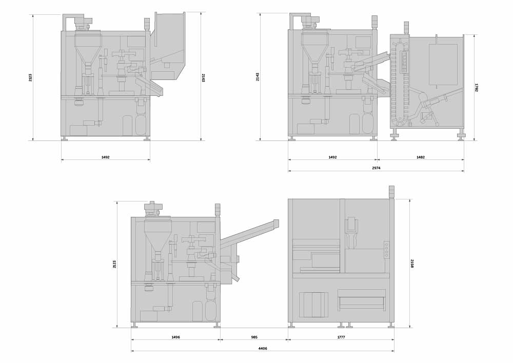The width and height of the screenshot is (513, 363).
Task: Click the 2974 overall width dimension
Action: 376,168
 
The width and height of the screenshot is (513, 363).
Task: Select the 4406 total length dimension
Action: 262,349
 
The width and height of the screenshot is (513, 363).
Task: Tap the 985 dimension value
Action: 254,337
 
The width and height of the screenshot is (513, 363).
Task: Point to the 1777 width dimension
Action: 341,337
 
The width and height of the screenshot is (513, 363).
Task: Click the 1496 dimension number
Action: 175,337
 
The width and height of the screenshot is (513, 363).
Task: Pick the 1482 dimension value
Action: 421,157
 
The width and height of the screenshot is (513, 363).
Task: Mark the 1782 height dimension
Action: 477,88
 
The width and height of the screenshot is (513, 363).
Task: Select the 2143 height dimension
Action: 258,77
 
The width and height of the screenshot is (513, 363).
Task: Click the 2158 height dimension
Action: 412,264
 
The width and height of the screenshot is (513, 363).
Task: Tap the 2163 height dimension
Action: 203,78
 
